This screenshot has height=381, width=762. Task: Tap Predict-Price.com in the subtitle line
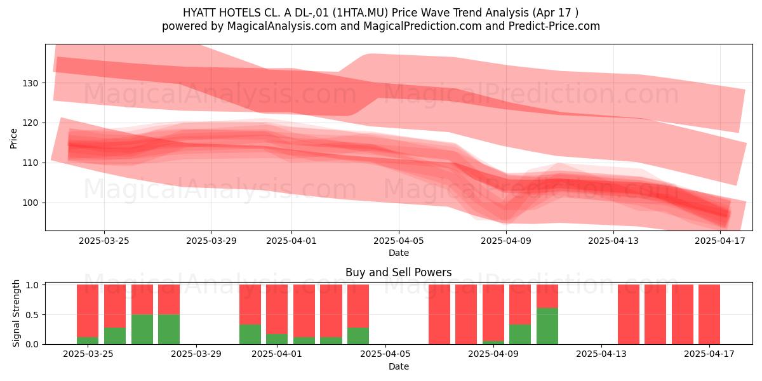click(554, 26)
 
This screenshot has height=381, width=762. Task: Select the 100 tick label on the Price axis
click(30, 203)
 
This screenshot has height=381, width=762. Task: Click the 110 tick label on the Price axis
click(30, 163)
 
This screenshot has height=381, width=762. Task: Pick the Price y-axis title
click(13, 138)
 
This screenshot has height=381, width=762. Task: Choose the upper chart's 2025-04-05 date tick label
click(399, 241)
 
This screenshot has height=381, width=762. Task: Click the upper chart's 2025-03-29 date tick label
click(211, 241)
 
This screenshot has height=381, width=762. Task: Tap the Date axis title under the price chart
click(399, 253)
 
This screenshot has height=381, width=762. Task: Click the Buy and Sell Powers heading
click(398, 272)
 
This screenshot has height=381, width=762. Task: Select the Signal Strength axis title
click(16, 313)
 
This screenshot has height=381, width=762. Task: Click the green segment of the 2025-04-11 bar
click(547, 326)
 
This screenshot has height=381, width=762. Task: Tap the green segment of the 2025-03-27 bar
click(142, 330)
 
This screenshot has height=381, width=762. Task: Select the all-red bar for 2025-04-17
click(709, 314)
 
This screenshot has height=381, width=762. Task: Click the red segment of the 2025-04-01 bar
click(277, 309)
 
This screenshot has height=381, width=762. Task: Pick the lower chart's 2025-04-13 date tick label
click(601, 354)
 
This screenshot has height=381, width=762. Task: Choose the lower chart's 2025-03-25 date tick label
click(88, 354)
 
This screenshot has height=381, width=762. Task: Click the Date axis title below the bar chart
click(399, 366)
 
